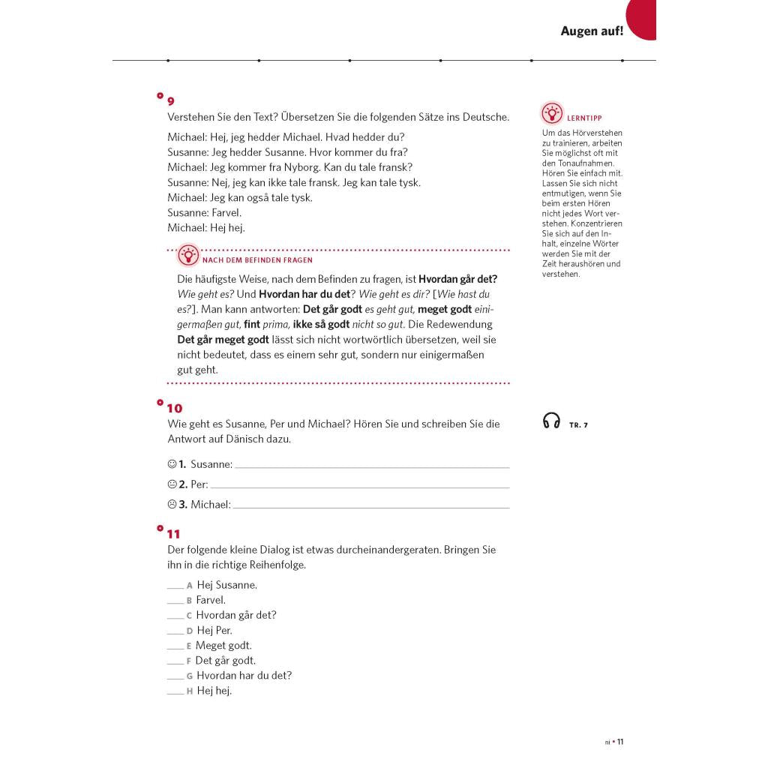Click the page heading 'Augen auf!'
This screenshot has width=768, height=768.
coord(592,31)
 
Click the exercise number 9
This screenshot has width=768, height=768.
coord(171,101)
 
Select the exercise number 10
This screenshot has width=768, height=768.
coord(174,408)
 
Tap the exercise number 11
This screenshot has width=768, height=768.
coord(174,534)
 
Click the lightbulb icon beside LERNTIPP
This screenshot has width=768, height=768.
coord(552,114)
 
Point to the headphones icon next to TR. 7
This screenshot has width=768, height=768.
coord(551,421)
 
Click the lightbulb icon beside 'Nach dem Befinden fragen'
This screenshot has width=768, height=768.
coord(188,256)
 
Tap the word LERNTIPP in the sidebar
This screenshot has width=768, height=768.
coord(585,118)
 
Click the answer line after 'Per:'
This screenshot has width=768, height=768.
coord(360,487)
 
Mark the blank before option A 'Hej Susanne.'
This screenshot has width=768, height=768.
coord(175,587)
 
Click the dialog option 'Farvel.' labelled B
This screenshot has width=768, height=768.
coord(211,600)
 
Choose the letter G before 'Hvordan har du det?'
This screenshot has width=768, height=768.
coord(190,676)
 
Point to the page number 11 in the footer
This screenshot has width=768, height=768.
coord(620,742)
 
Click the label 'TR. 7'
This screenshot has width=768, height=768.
coord(578,425)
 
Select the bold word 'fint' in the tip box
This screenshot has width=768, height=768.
coord(252,324)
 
